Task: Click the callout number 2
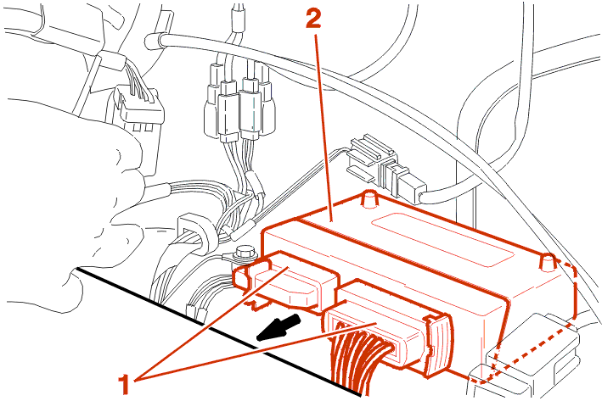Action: (x=313, y=19)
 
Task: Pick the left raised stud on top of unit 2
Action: (x=368, y=199)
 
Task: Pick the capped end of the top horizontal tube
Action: (x=154, y=38)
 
